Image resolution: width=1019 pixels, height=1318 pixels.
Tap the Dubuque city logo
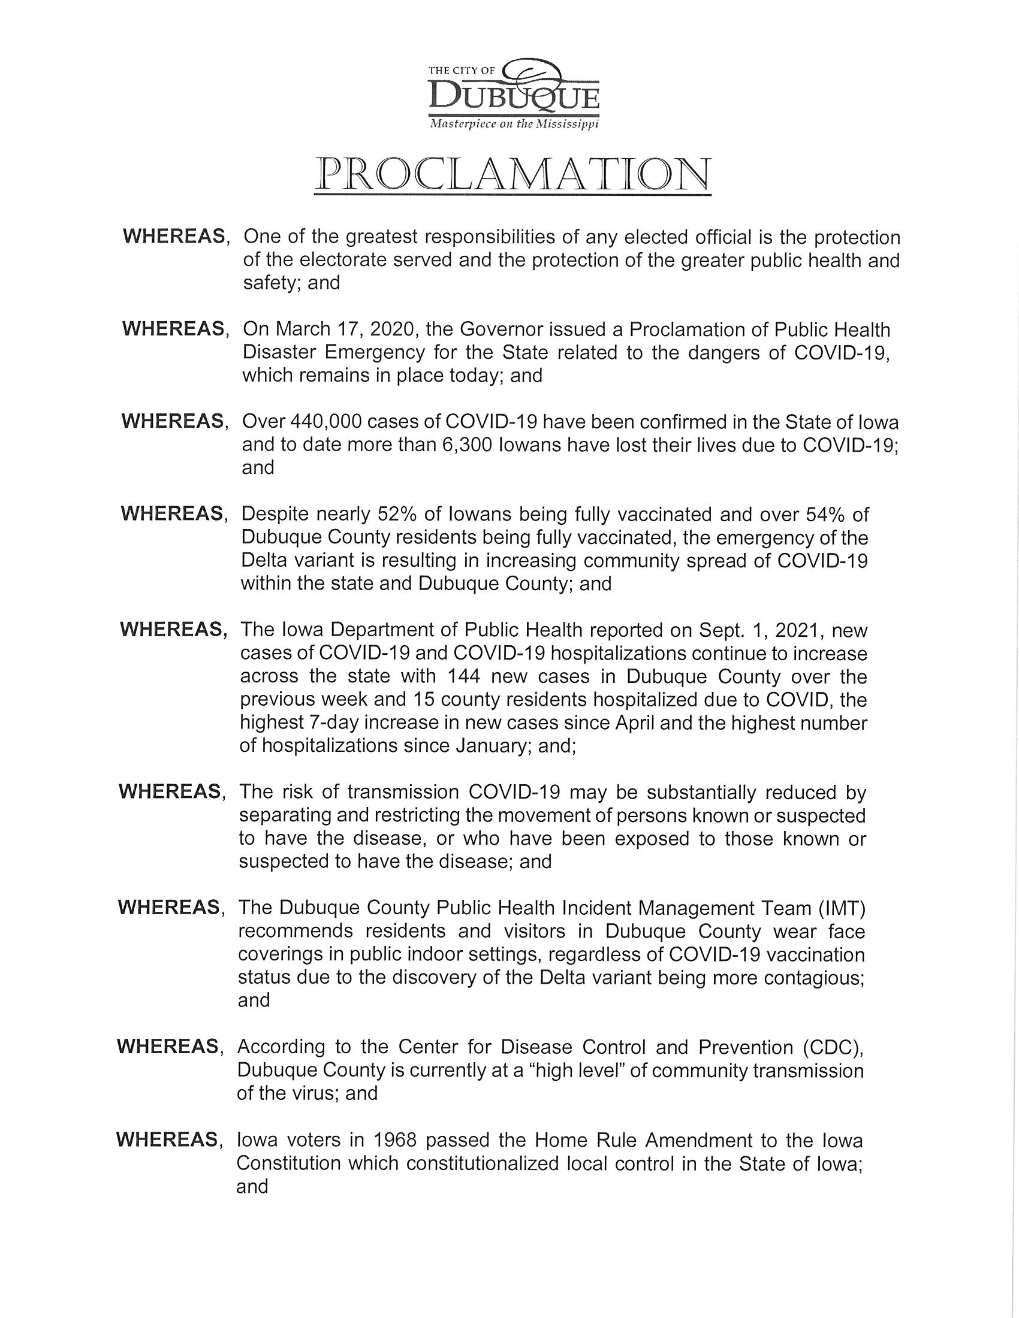pyautogui.click(x=513, y=93)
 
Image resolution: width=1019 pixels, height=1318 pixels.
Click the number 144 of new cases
pyautogui.click(x=461, y=676)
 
